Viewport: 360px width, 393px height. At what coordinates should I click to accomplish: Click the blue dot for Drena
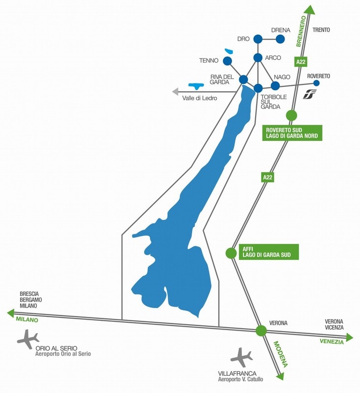281,38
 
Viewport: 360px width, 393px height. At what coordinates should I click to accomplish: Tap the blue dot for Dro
258,38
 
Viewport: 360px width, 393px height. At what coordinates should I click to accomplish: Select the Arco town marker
258,58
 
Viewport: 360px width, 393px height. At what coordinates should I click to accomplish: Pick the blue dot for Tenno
227,61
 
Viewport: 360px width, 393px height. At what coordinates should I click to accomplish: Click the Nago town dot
275,85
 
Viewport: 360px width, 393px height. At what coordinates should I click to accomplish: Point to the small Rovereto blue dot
317,83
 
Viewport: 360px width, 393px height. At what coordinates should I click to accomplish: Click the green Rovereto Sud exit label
292,133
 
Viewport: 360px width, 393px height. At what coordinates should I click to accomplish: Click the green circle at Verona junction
261,331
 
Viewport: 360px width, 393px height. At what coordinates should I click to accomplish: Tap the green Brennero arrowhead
309,9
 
